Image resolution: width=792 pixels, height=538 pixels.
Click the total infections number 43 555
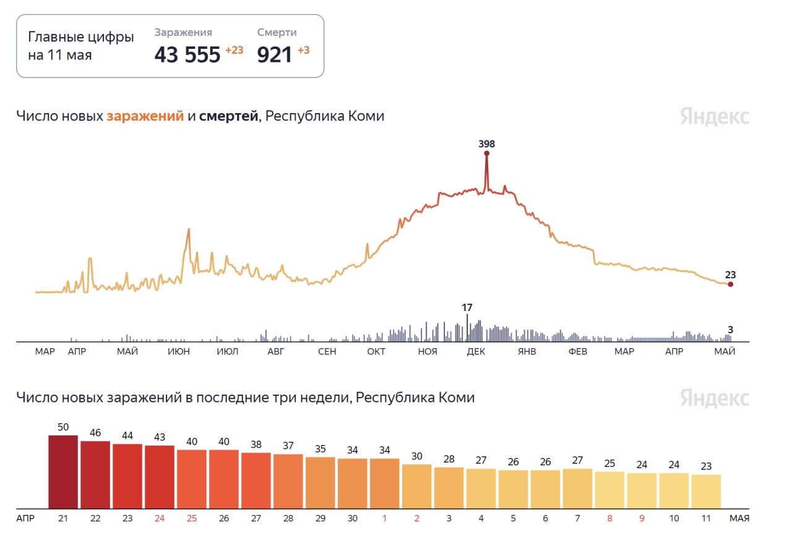187,55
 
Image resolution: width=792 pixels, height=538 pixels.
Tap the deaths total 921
274,55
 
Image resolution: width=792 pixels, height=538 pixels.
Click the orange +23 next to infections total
234,50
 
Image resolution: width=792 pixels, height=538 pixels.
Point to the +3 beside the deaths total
303,50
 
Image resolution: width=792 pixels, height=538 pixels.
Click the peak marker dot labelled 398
486,153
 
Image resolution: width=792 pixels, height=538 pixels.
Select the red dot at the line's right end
730,284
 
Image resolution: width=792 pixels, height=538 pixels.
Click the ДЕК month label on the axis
476,352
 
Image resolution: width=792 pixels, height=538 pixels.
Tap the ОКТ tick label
376,352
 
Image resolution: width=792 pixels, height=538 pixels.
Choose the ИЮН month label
178,352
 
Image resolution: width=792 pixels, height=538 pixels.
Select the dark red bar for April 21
63,471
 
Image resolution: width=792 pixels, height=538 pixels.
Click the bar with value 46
95,474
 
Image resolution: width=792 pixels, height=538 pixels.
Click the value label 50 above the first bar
63,427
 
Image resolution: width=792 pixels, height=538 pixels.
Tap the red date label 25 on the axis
192,518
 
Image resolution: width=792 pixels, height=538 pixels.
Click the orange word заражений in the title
145,116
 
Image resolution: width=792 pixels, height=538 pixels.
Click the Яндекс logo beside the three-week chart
715,398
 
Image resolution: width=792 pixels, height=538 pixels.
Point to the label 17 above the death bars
467,307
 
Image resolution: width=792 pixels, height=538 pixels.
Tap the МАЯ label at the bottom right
739,518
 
